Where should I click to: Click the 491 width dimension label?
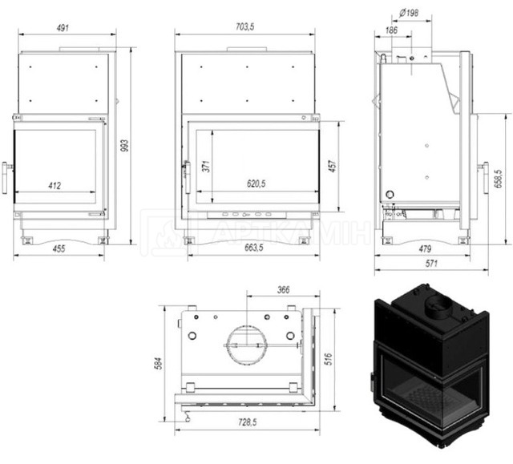pyautogui.click(x=63, y=28)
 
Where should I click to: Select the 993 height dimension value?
pyautogui.click(x=125, y=146)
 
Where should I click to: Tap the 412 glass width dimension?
pyautogui.click(x=55, y=186)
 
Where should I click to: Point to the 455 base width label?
pyautogui.click(x=59, y=248)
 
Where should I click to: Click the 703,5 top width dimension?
pyautogui.click(x=245, y=26)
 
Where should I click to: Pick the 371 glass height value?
pyautogui.click(x=206, y=167)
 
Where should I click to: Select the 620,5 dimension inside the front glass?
pyautogui.click(x=256, y=184)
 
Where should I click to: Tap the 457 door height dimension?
pyautogui.click(x=332, y=167)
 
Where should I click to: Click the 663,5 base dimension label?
pyautogui.click(x=254, y=248)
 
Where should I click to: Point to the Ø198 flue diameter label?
pyautogui.click(x=409, y=13)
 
